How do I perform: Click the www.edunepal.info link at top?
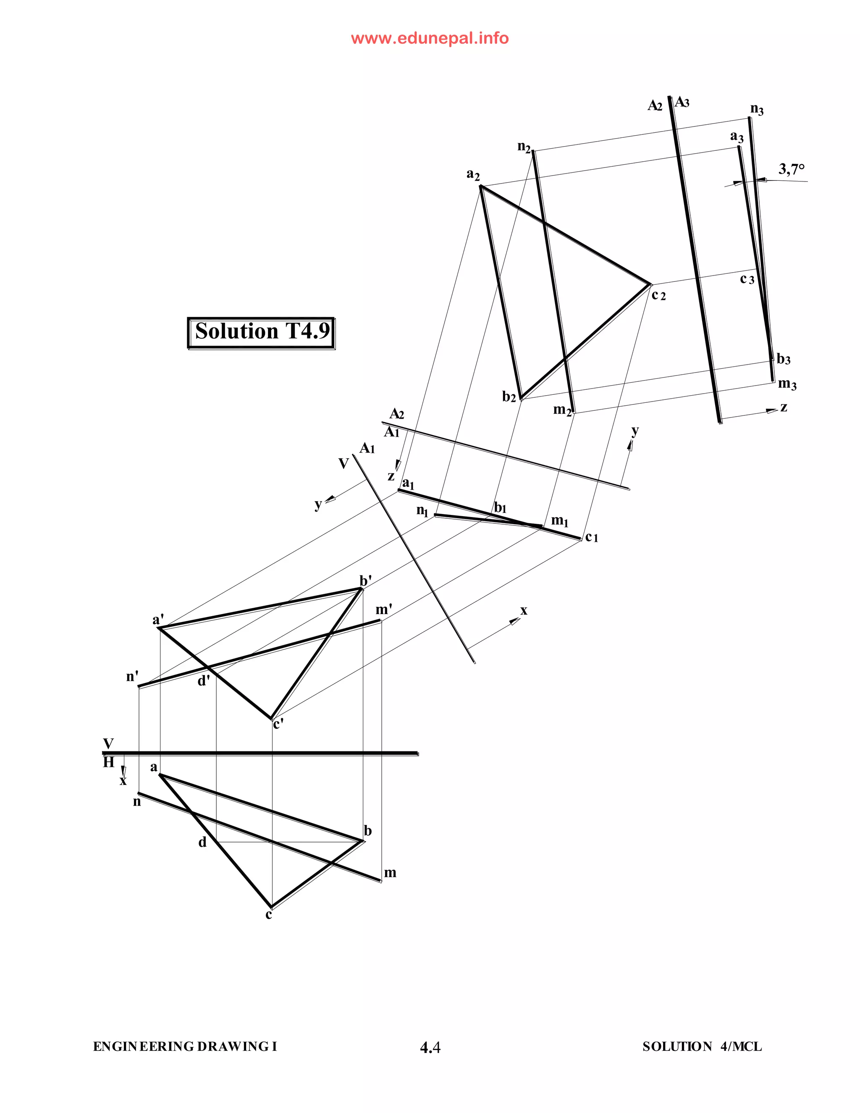pyautogui.click(x=430, y=39)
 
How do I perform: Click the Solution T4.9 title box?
pyautogui.click(x=261, y=332)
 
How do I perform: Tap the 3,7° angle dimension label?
pyautogui.click(x=791, y=169)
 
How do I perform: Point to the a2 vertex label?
pyautogui.click(x=473, y=174)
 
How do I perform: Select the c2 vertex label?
pyautogui.click(x=658, y=295)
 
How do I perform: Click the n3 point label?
pyautogui.click(x=757, y=109)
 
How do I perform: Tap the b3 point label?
pyautogui.click(x=783, y=359)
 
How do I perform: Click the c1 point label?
pyautogui.click(x=592, y=537)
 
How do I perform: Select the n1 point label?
pyautogui.click(x=422, y=510)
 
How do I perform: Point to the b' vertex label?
pyautogui.click(x=365, y=580)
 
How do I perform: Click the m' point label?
pyautogui.click(x=383, y=609)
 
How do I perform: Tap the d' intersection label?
pyautogui.click(x=203, y=680)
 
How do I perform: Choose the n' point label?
pyautogui.click(x=132, y=677)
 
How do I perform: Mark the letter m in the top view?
pyautogui.click(x=390, y=873)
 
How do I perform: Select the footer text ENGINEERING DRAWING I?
pyautogui.click(x=185, y=1047)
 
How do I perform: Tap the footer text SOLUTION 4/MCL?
pyautogui.click(x=702, y=1047)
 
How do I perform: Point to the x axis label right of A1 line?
pyautogui.click(x=523, y=611)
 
